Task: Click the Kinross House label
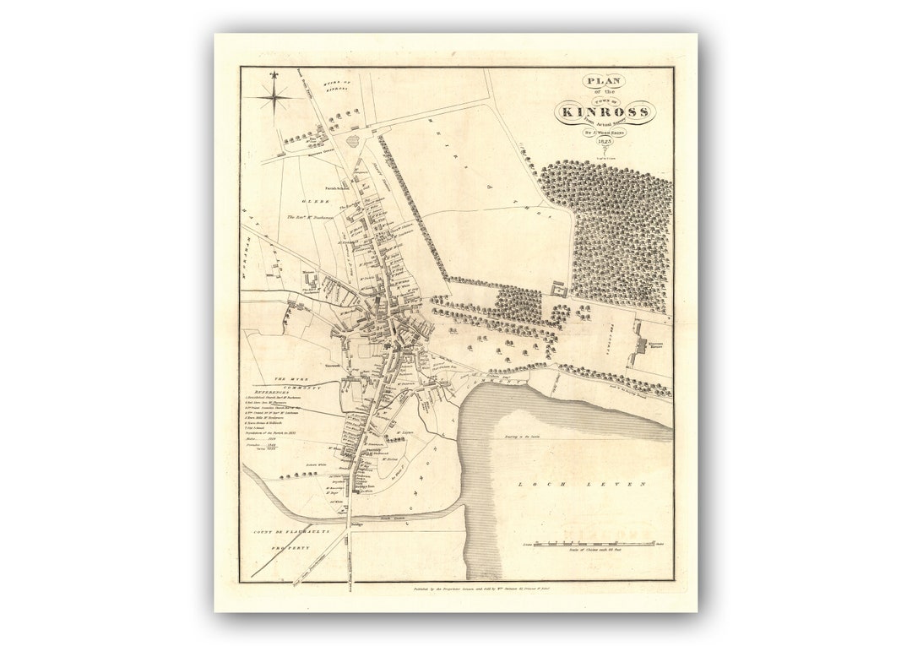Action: (x=656, y=345)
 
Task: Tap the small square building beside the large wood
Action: (x=557, y=290)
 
